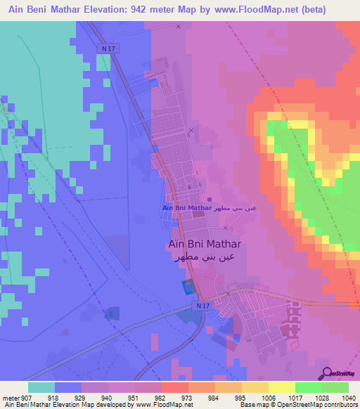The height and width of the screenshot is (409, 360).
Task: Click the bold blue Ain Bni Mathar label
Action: tap(187, 208)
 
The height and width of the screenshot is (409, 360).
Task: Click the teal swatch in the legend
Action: tap(41, 387)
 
